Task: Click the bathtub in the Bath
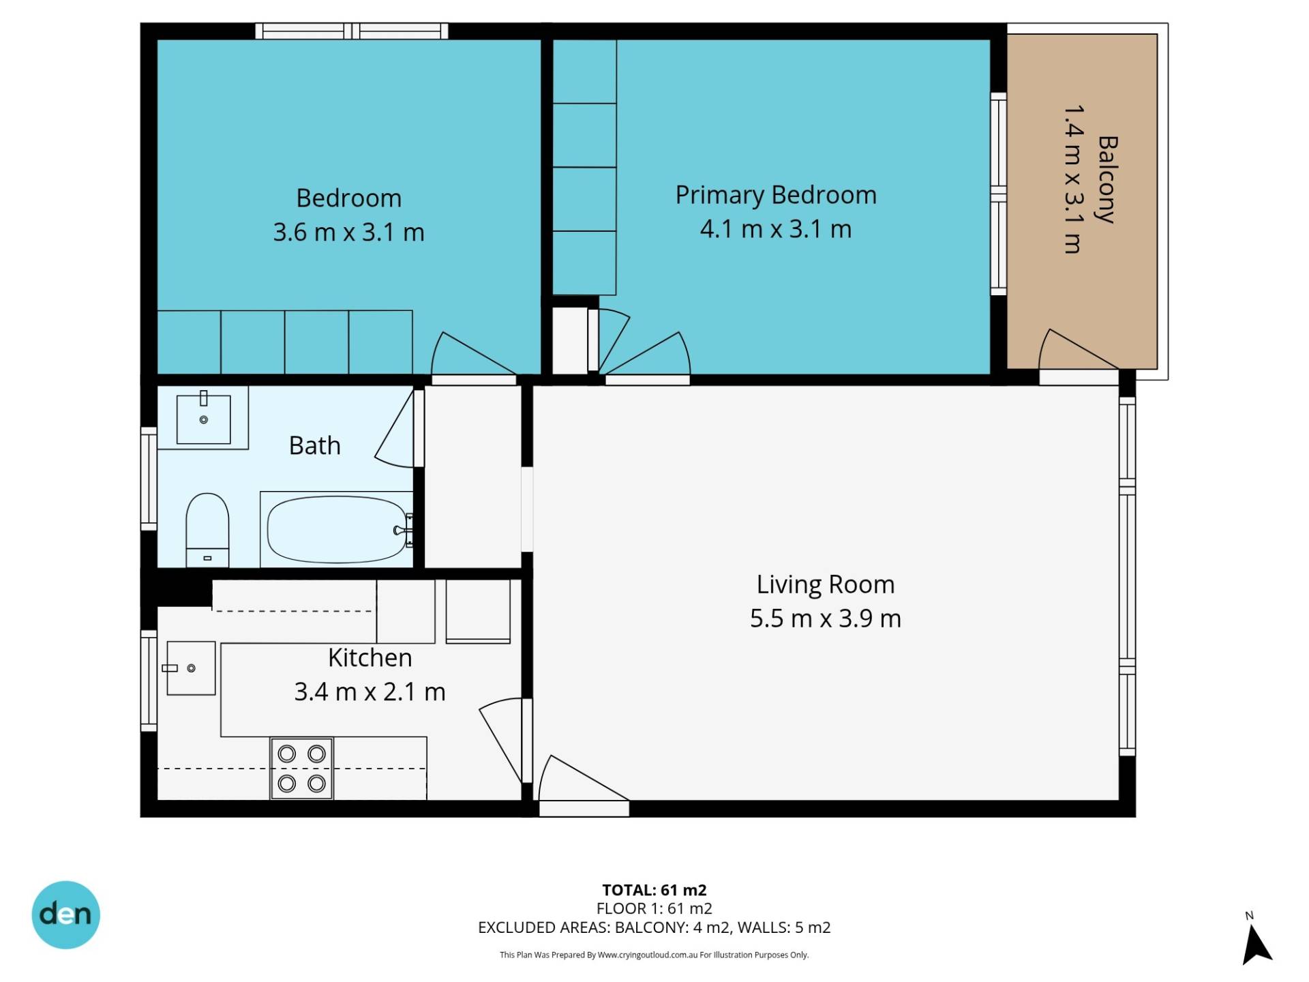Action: click(x=337, y=529)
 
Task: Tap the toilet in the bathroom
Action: click(x=207, y=530)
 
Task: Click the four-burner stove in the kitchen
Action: click(x=301, y=768)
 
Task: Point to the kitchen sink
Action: click(x=191, y=668)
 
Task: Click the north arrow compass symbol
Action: click(x=1256, y=944)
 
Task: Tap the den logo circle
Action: click(x=65, y=914)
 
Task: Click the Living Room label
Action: click(x=825, y=584)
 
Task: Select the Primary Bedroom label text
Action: click(x=776, y=195)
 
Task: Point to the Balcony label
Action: click(x=1107, y=179)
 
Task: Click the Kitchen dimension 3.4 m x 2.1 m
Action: click(x=370, y=691)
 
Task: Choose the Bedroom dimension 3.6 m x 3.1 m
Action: click(x=348, y=232)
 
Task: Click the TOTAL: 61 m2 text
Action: click(x=654, y=889)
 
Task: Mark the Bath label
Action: click(x=314, y=445)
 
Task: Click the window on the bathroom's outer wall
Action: click(x=149, y=478)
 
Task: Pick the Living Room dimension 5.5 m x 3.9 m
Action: click(x=825, y=618)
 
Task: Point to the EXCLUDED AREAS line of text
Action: click(x=654, y=927)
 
